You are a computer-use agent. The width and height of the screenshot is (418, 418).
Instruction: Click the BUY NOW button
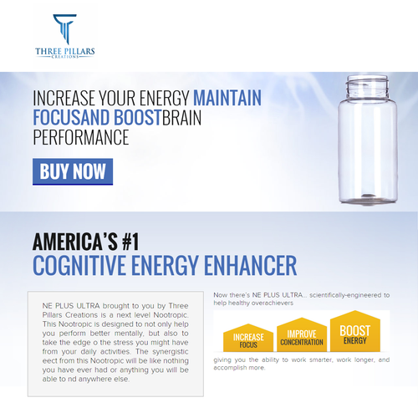73,171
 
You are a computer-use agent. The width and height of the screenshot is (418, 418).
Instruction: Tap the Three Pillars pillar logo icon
65,29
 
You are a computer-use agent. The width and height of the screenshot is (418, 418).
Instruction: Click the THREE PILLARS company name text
65,51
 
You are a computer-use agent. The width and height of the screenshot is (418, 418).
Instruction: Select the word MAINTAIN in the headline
227,98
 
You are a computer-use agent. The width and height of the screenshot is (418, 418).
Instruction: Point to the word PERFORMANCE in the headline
81,137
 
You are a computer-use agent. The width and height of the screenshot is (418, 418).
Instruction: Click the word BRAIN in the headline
181,118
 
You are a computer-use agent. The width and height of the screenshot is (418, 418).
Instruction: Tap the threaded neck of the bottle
367,86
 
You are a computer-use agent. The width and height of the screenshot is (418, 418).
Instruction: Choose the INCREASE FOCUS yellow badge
248,338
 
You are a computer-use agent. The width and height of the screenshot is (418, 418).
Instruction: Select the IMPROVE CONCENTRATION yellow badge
302,334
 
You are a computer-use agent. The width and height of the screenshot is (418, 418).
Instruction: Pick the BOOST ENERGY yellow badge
355,331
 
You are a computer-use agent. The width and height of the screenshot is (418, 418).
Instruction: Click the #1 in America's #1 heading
130,242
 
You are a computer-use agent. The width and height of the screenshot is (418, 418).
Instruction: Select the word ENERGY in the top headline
165,98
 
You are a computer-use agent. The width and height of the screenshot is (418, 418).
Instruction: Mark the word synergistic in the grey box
171,352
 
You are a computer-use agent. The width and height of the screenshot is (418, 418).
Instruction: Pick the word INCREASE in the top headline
64,98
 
